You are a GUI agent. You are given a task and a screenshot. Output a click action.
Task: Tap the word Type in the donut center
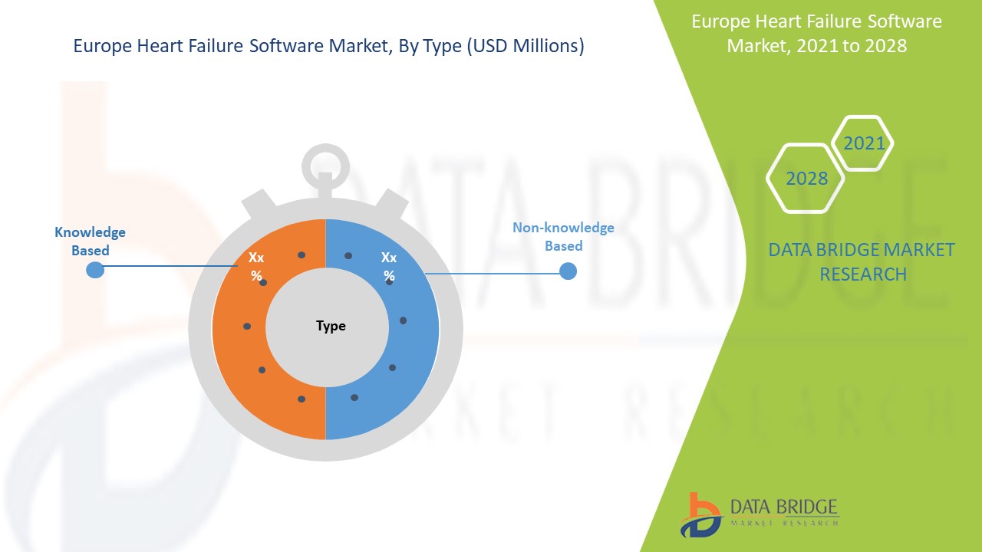[x=331, y=326]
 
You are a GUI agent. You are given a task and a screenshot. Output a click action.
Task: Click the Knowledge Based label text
[x=90, y=241]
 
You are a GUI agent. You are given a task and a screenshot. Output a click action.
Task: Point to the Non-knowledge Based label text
[x=563, y=237]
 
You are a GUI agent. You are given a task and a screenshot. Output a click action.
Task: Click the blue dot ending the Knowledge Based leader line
[x=94, y=269]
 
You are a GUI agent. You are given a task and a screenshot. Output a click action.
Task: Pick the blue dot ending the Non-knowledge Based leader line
[x=568, y=271]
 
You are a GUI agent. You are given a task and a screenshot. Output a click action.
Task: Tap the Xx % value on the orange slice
[x=256, y=266]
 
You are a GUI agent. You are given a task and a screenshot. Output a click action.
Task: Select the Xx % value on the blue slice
[x=389, y=266]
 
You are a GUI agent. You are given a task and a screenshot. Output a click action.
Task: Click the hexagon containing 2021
[x=864, y=143]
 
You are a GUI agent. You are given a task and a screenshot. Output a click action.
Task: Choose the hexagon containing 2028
[x=806, y=179]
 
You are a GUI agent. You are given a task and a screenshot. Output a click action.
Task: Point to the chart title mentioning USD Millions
[x=328, y=47]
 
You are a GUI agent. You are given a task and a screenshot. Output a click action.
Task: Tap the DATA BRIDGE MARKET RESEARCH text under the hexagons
[x=862, y=261]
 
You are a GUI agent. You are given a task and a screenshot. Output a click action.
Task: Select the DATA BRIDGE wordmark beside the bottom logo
[x=784, y=507]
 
